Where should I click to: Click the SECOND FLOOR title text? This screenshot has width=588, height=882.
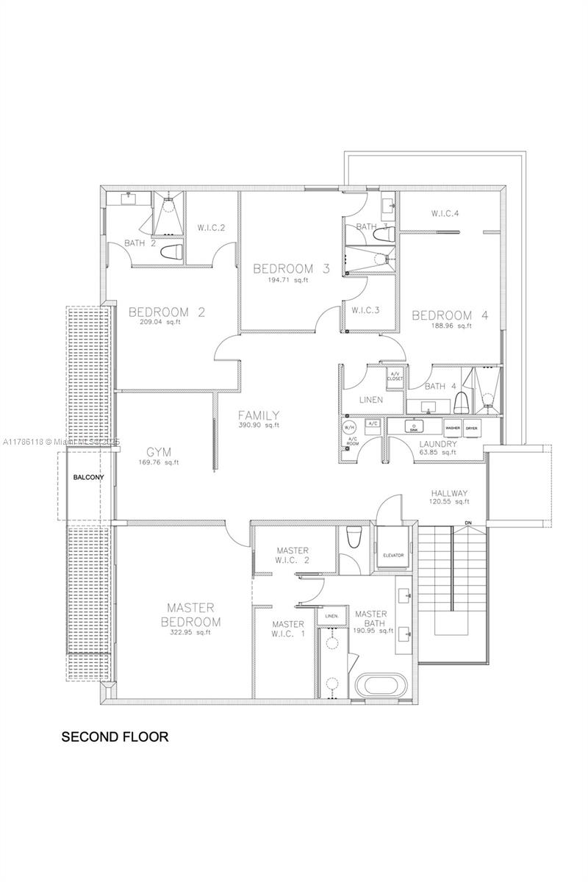click(115, 736)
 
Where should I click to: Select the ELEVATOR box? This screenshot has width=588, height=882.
click(394, 555)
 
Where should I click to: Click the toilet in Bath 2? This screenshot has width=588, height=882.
click(171, 252)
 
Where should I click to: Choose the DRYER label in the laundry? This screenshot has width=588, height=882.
click(471, 427)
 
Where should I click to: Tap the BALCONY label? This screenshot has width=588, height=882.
click(88, 478)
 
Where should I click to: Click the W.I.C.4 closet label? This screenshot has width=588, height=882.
click(445, 214)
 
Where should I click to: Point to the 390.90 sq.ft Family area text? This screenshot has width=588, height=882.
click(258, 425)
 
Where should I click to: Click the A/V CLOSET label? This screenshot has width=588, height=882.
click(395, 376)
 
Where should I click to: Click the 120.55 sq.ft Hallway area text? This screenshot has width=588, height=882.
click(449, 502)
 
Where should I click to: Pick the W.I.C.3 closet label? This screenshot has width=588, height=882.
click(365, 309)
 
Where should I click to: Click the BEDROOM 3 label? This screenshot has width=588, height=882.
click(291, 268)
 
